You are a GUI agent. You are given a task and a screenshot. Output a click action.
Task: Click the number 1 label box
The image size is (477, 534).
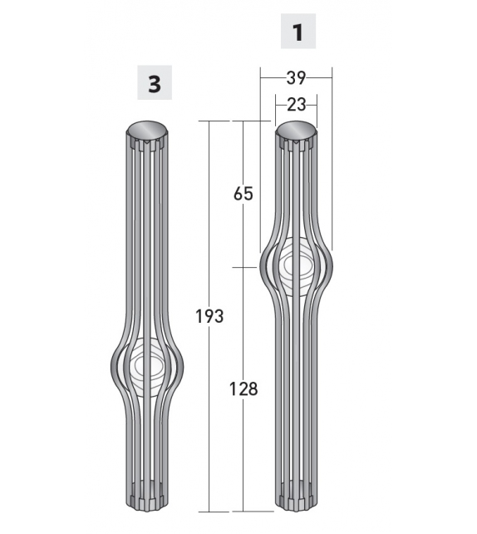click(x=298, y=33)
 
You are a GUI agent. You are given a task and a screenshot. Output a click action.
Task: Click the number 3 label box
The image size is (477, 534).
click(x=154, y=83)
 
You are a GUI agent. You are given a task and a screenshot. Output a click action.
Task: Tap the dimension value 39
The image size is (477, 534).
click(x=296, y=78)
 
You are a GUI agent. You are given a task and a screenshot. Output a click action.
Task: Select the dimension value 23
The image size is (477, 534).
click(x=296, y=104)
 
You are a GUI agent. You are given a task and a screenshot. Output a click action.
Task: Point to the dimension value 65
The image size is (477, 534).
click(x=243, y=194)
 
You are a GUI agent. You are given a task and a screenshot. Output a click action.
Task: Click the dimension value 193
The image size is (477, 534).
click(x=209, y=316)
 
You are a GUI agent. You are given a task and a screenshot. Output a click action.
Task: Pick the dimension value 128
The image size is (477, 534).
click(x=243, y=388)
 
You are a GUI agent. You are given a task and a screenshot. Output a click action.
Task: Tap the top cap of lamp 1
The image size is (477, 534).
click(x=296, y=130)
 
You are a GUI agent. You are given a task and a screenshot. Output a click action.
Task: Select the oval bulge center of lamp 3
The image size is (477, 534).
click(x=147, y=366)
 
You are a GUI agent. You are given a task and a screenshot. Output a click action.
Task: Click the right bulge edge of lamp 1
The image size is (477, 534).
click(x=331, y=266)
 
